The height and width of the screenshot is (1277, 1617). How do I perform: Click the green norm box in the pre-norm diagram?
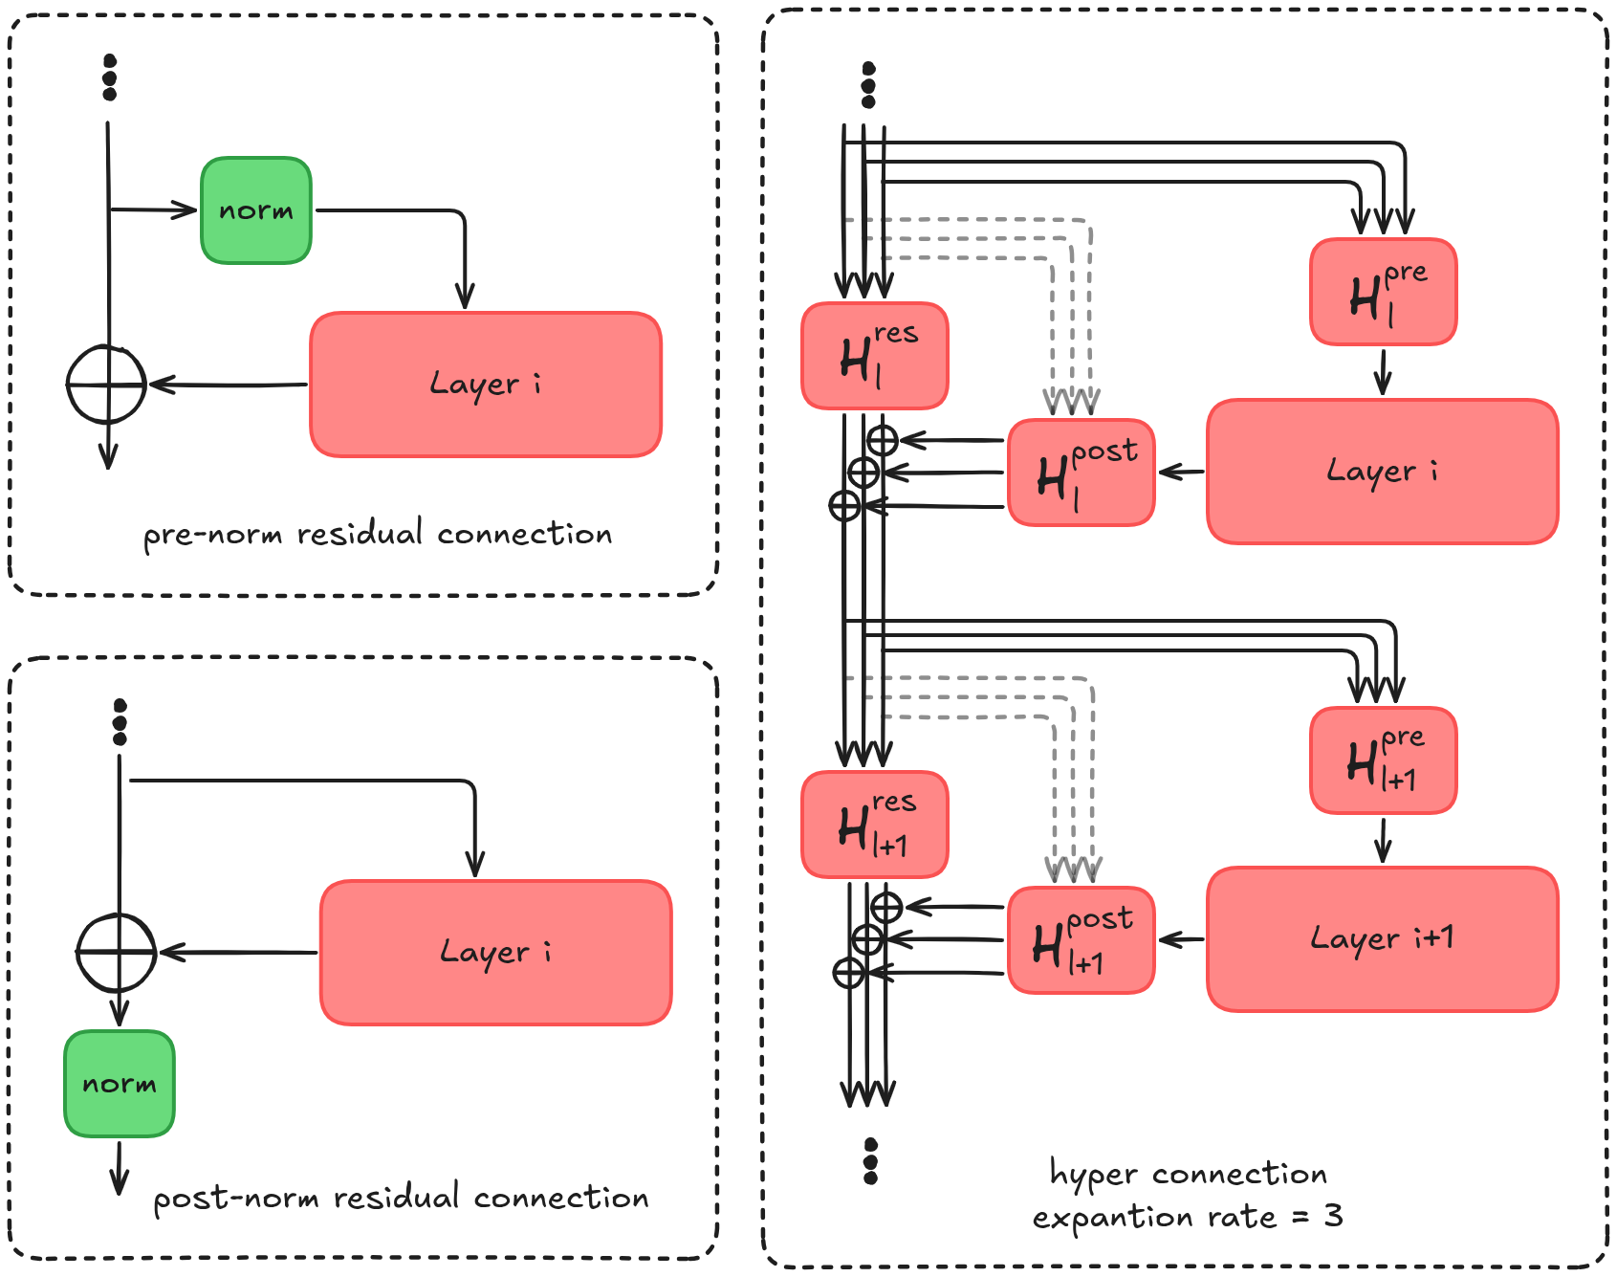(x=256, y=210)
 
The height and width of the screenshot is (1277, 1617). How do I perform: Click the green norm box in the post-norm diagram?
(x=120, y=1083)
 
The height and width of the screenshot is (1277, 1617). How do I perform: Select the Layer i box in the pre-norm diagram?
(x=486, y=385)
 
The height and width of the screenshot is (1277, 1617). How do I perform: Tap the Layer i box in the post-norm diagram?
(x=495, y=953)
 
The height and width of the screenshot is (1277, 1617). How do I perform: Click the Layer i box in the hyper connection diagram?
(x=1382, y=472)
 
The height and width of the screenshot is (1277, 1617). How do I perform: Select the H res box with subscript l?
(x=874, y=356)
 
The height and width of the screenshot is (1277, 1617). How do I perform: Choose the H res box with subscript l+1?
(x=874, y=825)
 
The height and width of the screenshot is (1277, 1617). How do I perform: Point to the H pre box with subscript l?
(x=1383, y=292)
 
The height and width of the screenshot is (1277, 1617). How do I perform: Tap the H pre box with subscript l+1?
(x=1383, y=760)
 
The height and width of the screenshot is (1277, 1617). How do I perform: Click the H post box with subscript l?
(x=1082, y=473)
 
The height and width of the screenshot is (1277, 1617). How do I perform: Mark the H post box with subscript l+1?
(x=1082, y=940)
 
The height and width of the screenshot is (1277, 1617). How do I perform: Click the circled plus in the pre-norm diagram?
(x=106, y=385)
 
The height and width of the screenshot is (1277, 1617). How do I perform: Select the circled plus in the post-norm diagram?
(x=117, y=953)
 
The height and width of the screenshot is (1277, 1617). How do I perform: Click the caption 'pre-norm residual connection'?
(x=378, y=534)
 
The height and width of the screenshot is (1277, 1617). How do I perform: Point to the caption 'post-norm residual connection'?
(x=401, y=1198)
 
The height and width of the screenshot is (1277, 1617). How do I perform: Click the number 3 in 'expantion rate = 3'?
(x=1333, y=1216)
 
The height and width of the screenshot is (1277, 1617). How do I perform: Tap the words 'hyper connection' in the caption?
(x=1188, y=1174)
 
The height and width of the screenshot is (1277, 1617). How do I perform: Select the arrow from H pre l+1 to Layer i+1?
(x=1383, y=839)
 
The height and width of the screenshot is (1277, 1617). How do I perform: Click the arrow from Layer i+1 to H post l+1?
(x=1182, y=940)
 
